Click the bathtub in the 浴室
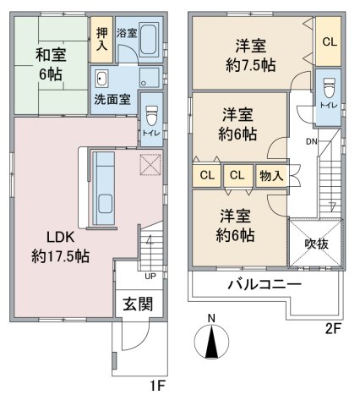click(x=148, y=40)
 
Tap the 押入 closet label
click(x=101, y=39)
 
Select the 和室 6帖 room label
click(x=51, y=64)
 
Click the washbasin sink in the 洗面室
click(x=101, y=79)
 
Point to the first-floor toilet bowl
click(x=152, y=116)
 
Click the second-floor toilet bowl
click(x=329, y=87)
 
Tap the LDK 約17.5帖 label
click(x=61, y=247)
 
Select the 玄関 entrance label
click(x=138, y=304)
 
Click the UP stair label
click(x=150, y=277)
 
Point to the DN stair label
click(x=312, y=141)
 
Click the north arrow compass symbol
click(x=211, y=341)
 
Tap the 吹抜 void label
click(x=317, y=244)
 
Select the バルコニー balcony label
click(x=265, y=284)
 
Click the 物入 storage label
click(x=271, y=176)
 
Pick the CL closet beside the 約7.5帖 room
click(x=330, y=42)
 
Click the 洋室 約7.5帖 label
click(x=251, y=56)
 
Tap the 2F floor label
click(x=333, y=329)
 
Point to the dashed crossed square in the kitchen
click(x=150, y=165)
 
